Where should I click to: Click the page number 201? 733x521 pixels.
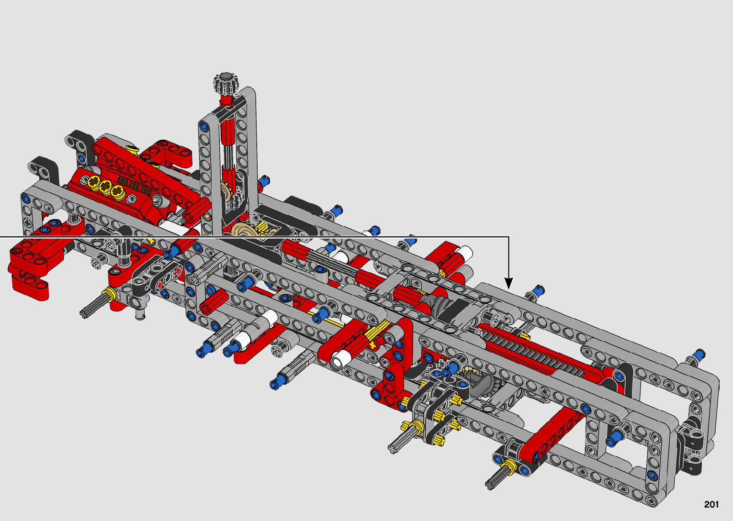[711, 505]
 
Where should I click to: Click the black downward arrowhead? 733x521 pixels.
[508, 283]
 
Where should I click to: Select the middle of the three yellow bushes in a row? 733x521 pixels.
[105, 186]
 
